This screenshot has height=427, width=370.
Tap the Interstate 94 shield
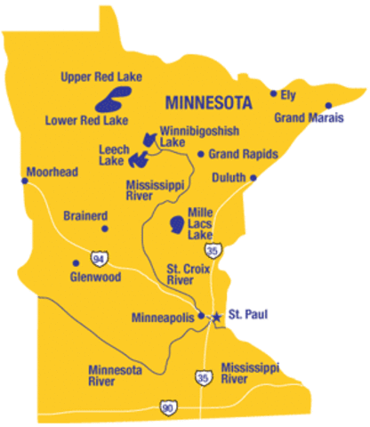coord(96,259)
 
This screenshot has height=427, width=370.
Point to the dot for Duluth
coord(253,178)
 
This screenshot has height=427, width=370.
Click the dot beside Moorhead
coord(25,181)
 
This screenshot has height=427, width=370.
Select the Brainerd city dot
coord(105,229)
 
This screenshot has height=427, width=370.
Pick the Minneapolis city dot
coord(202,316)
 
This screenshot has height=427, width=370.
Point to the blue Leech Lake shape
coord(139,159)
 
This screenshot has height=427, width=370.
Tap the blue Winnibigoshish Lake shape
coord(149,140)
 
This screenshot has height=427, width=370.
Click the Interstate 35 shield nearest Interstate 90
coord(204,379)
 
